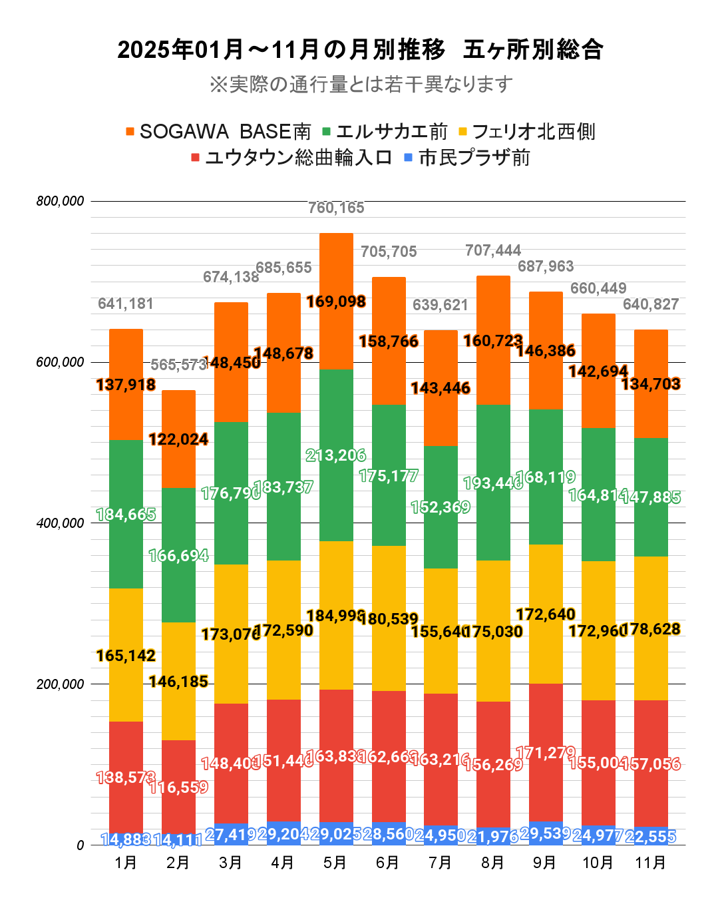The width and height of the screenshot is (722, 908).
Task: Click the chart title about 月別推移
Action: pyautogui.click(x=360, y=50)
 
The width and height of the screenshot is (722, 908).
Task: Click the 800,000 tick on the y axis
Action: pyautogui.click(x=61, y=201)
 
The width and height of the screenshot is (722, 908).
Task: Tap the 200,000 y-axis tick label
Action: pyautogui.click(x=61, y=684)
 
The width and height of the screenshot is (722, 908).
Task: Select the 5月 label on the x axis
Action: pyautogui.click(x=335, y=863)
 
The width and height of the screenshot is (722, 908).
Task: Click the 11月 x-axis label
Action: pyautogui.click(x=650, y=863)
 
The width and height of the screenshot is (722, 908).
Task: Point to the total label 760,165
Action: pyautogui.click(x=336, y=208)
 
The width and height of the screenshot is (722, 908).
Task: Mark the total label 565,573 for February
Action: pyautogui.click(x=178, y=365)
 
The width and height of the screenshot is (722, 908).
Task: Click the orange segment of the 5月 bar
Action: pyautogui.click(x=336, y=333)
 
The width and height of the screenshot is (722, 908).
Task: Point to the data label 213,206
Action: pyautogui.click(x=336, y=456)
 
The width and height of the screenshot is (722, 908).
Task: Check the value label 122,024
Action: pyautogui.click(x=178, y=440)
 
